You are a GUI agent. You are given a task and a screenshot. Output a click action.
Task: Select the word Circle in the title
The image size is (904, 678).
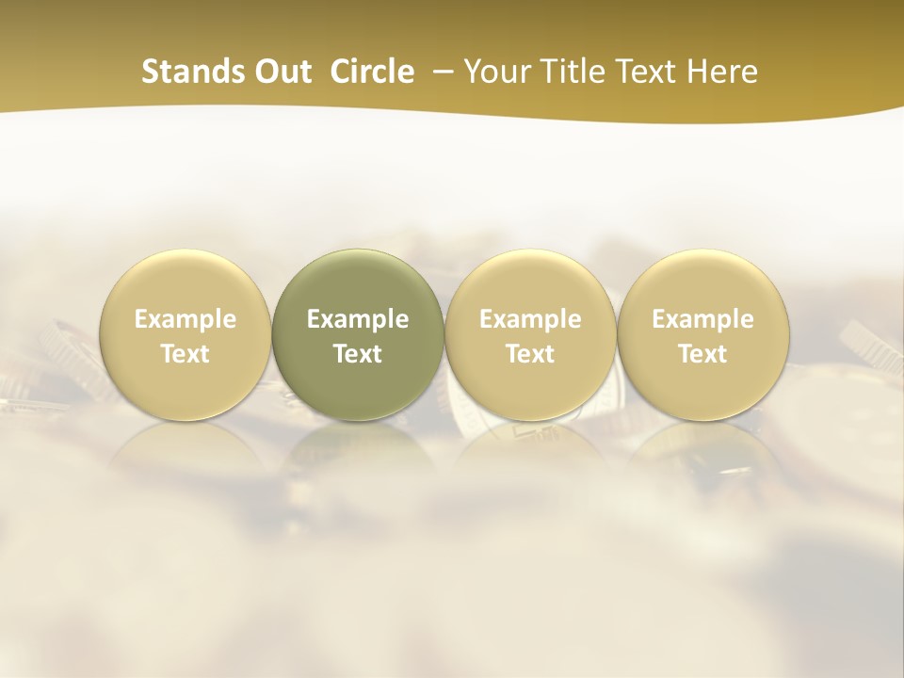[372, 72]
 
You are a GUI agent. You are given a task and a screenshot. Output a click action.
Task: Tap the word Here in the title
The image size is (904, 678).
[724, 72]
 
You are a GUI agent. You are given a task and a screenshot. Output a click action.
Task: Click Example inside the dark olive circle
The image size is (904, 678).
[358, 319]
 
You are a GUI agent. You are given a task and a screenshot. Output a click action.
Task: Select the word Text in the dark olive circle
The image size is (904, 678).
[358, 354]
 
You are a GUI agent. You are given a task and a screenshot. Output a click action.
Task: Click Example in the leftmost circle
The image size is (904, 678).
[186, 319]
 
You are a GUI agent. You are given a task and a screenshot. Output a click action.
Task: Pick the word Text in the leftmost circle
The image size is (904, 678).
[186, 354]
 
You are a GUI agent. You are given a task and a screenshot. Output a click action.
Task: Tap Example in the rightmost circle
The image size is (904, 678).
[702, 319]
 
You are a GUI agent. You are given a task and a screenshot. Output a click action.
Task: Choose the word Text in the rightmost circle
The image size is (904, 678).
[702, 354]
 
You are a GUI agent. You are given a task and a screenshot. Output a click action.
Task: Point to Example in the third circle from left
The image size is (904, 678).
[530, 319]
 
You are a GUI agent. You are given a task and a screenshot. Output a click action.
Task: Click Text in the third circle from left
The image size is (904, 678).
[530, 354]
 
